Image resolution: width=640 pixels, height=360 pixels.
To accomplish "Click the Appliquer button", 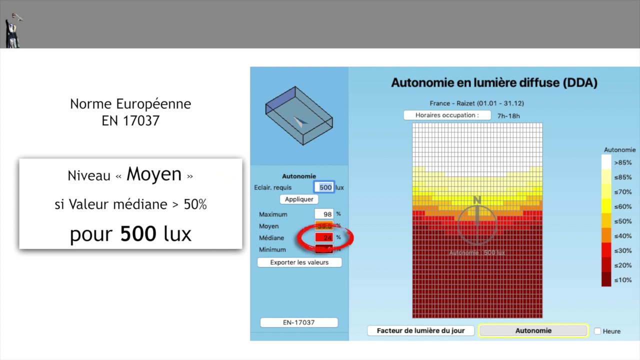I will tap(299, 199).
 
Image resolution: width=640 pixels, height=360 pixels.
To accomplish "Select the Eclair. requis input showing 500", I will tap(324, 187).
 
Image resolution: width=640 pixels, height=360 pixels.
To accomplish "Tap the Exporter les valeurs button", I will tap(299, 262).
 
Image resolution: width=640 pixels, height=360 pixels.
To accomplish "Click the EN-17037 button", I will tap(299, 322).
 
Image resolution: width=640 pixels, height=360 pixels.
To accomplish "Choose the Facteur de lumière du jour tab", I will tap(420, 330).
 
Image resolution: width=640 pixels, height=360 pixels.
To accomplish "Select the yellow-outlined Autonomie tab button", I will tap(533, 330).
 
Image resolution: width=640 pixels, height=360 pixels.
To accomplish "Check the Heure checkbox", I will tap(597, 331).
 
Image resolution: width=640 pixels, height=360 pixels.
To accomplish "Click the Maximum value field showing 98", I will tap(324, 214).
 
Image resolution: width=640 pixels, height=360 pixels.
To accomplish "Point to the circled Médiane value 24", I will tap(324, 237).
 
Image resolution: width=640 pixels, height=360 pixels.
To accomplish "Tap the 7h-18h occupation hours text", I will tap(508, 116).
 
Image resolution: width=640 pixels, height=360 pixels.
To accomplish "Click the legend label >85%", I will tap(622, 162).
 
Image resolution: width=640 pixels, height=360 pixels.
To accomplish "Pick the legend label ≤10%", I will tap(622, 279).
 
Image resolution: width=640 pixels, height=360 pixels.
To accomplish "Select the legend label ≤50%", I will tap(622, 221).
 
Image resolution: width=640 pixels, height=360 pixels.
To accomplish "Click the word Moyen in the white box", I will tap(154, 174).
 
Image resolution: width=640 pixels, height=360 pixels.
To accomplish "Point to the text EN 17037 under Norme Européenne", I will tap(130, 121).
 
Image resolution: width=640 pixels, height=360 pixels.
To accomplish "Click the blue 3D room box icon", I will tap(299, 115).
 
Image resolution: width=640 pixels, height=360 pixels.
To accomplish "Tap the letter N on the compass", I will tap(477, 200).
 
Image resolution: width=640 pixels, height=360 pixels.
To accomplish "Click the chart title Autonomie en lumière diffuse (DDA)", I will tap(494, 83).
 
